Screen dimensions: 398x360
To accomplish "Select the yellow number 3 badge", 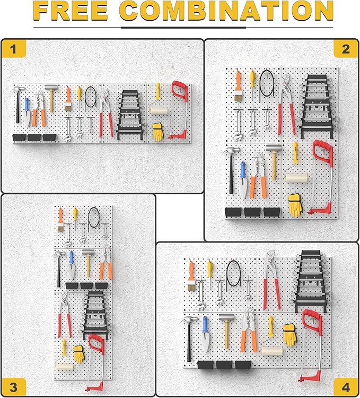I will coord(14,386).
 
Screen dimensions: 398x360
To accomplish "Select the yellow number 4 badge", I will coord(345,386).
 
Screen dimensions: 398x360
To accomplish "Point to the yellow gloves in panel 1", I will coord(158,132).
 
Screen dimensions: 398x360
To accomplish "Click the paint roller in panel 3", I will coord(63,366).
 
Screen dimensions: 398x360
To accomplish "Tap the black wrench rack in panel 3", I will coord(95,315).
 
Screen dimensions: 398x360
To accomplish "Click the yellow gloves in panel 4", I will coord(290,334).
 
